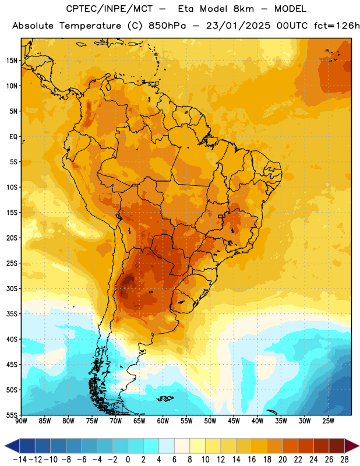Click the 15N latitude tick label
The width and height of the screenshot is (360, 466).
(12, 61)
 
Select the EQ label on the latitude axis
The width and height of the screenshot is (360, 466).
(13, 137)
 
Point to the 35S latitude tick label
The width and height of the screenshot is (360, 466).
(12, 314)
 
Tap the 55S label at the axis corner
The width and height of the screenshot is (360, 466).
(12, 415)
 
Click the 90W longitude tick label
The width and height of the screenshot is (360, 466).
(21, 421)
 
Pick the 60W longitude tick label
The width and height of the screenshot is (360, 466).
(163, 421)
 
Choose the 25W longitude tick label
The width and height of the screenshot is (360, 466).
(328, 421)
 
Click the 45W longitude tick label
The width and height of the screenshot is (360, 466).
(234, 421)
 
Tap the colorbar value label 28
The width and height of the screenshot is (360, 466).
(344, 459)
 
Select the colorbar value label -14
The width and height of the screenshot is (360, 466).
(20, 459)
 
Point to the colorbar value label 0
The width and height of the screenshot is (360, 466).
(128, 459)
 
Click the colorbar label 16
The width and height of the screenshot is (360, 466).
(252, 459)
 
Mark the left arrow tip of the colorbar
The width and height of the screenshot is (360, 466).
(5, 446)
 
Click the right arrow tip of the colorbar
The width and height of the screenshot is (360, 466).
(359, 446)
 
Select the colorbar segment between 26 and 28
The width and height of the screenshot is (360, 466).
(337, 446)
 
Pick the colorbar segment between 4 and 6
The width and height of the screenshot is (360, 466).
(167, 446)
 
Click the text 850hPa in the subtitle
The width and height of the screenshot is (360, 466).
(167, 26)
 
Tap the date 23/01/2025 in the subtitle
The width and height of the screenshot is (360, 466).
(238, 26)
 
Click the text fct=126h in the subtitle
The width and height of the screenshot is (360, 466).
(337, 26)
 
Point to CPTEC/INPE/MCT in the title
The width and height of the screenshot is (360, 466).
(110, 9)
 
